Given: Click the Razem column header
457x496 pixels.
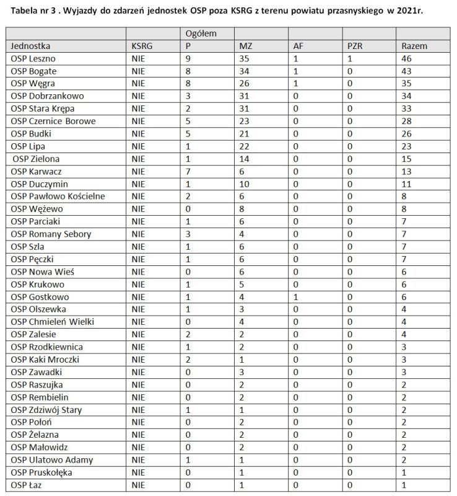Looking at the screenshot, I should coord(414,46).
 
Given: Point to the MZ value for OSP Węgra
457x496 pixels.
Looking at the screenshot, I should coord(245,84).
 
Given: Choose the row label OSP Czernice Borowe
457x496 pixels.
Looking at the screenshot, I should coord(53,121).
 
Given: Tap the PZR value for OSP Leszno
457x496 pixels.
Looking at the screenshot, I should coord(350,58).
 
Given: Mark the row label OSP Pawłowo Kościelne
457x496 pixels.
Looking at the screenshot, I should coord(58,196).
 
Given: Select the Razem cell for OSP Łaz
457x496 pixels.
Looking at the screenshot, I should coord(404,484).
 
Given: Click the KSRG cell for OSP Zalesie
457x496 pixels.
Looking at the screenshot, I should coord(137,334).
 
